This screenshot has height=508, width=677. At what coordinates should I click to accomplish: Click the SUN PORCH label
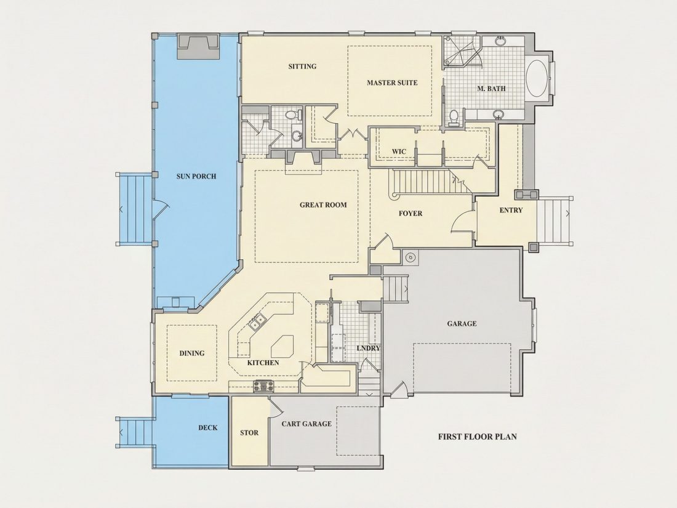coord(196,176)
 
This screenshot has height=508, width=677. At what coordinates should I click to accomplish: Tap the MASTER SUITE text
coord(392,83)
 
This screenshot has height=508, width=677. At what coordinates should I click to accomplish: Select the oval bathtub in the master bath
coord(537,79)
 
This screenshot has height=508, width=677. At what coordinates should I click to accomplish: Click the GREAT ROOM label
coord(323,205)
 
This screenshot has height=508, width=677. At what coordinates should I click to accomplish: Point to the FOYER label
coord(410,214)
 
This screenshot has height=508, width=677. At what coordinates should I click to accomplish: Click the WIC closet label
coord(399,151)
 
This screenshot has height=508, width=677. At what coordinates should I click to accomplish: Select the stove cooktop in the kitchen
coord(263,385)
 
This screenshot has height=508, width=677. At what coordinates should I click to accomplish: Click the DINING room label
coord(191,353)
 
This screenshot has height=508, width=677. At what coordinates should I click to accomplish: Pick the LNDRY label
coord(368,348)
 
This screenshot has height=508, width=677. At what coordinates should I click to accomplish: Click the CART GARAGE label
coord(306,424)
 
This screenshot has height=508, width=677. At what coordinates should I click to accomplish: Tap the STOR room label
coord(249,432)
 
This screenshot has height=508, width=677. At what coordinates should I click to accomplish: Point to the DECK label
coord(207,428)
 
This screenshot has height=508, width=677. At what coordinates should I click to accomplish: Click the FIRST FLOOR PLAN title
coord(477,437)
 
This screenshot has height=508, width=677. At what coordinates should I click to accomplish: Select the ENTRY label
coord(511,211)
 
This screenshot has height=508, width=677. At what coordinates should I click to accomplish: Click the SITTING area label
coord(302,67)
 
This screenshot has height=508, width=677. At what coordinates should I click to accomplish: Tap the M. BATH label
coord(491,89)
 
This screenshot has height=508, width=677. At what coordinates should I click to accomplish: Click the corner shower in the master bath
coord(462,51)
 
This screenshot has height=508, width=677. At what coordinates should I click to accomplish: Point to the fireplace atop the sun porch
coord(198,46)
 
